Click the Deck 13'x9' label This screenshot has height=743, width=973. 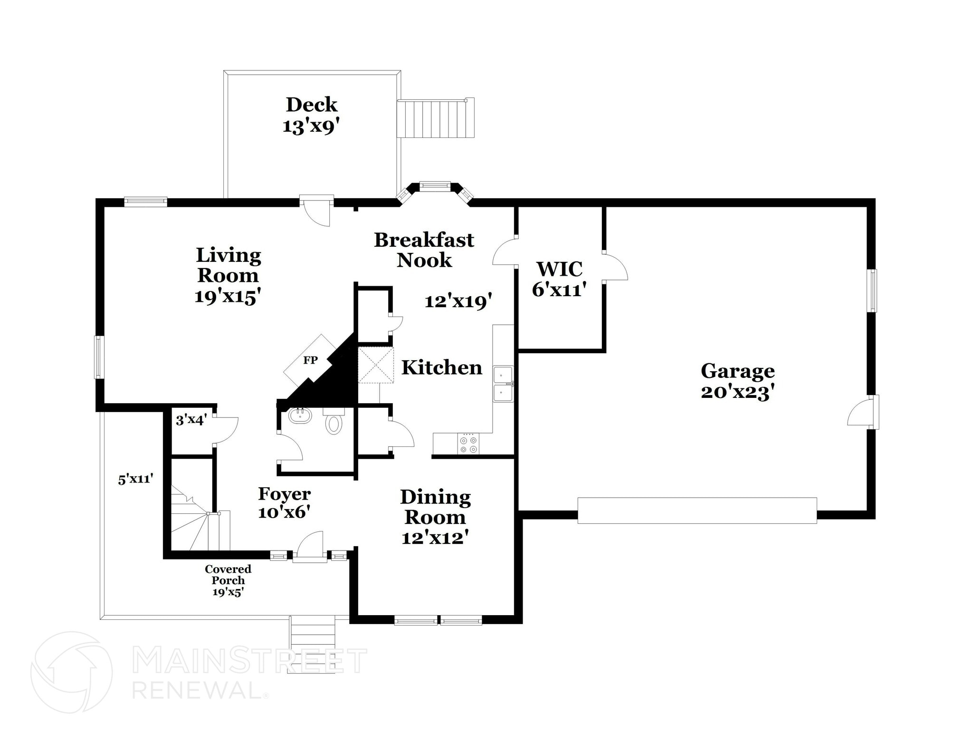pos(311,116)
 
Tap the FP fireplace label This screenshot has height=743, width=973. pos(310,360)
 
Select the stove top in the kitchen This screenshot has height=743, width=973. pos(468,444)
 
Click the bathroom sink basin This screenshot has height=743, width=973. pos(300,415)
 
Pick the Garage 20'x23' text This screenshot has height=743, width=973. pos(737,381)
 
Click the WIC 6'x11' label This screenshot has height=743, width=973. pos(559,279)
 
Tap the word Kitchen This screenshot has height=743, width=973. pos(441,367)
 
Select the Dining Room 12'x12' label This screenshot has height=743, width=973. pos(435,517)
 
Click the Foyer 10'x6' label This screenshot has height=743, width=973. pos(284,502)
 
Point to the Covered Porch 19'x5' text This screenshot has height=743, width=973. pos(228,580)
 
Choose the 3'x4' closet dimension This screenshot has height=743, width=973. pos(191,420)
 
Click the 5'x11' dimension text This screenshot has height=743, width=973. pos(136,479)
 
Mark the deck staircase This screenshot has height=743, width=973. pos(436,118)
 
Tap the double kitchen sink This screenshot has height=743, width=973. pos(503,384)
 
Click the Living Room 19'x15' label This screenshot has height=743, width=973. pos(228,276)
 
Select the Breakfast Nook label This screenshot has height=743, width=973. pos(424,250)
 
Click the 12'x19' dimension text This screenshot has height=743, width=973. pos(458,301)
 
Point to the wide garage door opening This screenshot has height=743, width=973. pos(697,511)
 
